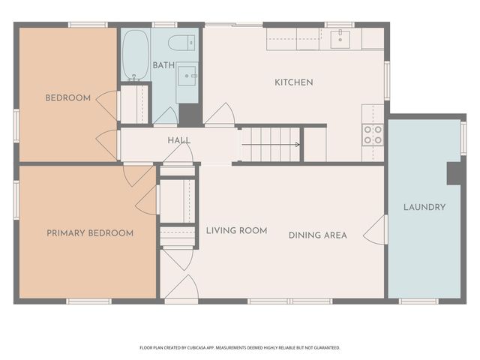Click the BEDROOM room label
point(67,97)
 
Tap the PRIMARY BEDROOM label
point(90,233)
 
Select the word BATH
point(163,65)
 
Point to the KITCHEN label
point(293,82)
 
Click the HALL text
point(178,140)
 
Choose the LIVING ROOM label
point(236,230)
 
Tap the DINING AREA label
point(317,235)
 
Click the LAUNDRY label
point(424,207)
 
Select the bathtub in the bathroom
point(135,54)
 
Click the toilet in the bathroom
point(181,42)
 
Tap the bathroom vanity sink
point(187,75)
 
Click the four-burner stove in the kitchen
point(373,134)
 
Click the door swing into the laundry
point(376,230)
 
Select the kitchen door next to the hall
point(220,115)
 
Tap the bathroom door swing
point(166,116)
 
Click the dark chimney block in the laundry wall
point(455,172)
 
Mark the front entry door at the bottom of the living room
point(181,288)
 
